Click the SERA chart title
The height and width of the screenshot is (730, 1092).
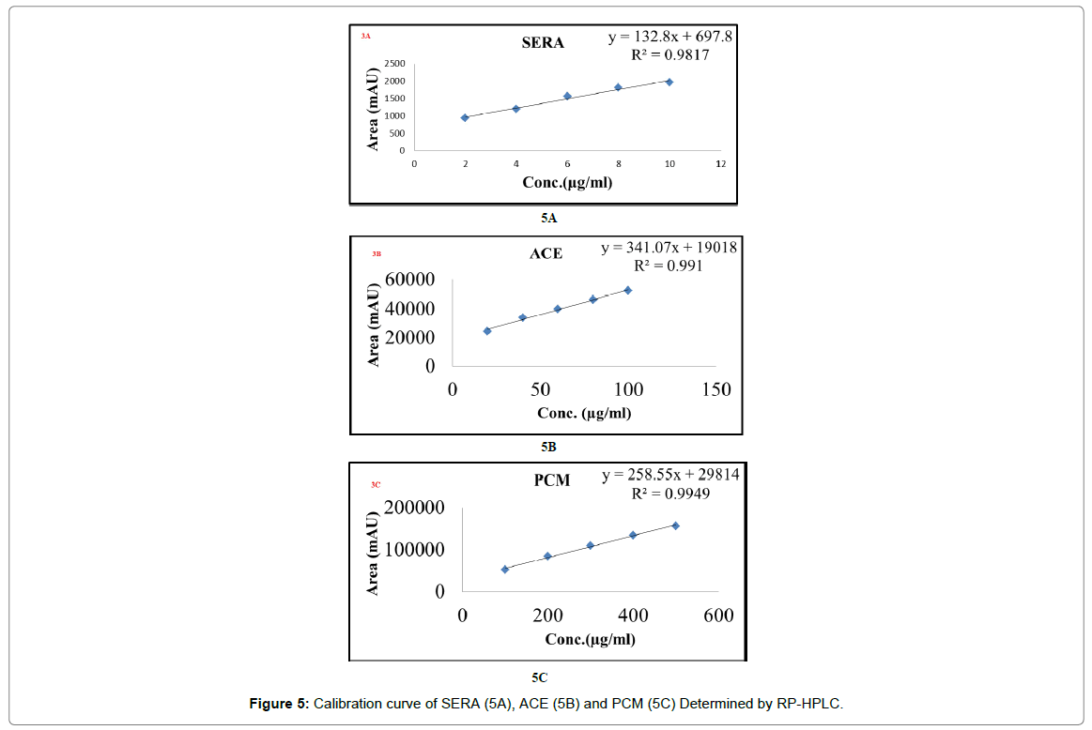coord(543,42)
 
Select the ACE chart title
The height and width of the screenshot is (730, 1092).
coord(546,253)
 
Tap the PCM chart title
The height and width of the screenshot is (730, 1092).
coord(552,481)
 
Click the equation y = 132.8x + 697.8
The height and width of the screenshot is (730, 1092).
coord(669,37)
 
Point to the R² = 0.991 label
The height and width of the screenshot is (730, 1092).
coord(669,266)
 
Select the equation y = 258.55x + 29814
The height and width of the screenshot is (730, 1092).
coord(670,475)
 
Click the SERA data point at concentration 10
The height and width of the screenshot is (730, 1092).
coord(669,82)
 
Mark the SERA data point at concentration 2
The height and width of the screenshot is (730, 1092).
coord(465,117)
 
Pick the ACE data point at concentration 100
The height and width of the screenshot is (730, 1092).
coord(628,290)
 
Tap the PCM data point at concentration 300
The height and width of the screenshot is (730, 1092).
coord(591,545)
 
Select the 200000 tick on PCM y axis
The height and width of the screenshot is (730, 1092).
coord(415,508)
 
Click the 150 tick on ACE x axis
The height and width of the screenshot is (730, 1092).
coord(716,390)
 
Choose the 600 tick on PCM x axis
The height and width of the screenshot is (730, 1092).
coord(718,616)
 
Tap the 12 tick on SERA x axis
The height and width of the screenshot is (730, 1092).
coord(720,164)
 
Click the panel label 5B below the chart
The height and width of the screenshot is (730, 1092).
coord(547,447)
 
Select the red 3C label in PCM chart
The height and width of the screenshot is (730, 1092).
coord(376,485)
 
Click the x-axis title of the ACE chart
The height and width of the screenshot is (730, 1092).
coord(584,413)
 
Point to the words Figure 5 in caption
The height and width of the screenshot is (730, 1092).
coord(278,703)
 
